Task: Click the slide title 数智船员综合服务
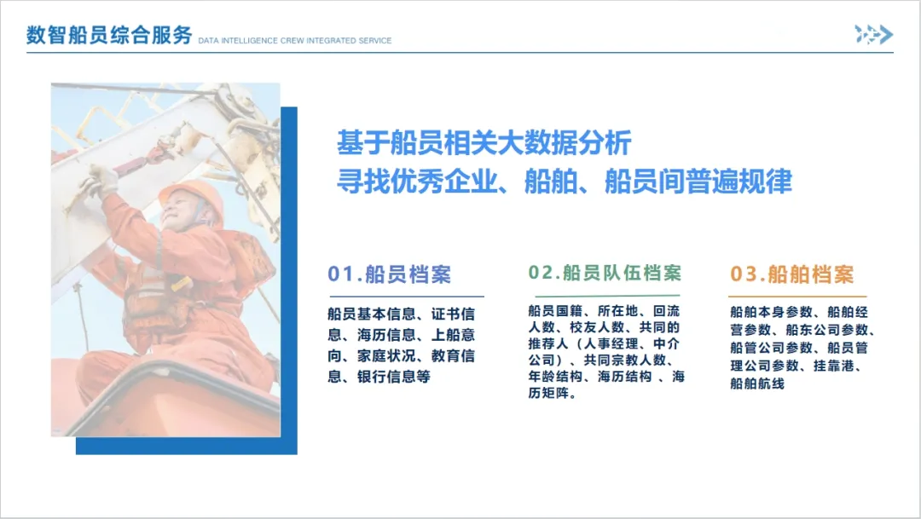[109, 35]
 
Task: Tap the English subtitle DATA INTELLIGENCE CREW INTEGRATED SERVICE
[295, 41]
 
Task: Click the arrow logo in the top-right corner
[873, 35]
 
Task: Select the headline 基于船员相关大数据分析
[484, 142]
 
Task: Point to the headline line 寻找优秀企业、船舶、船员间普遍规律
[565, 181]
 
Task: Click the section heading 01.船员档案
[390, 274]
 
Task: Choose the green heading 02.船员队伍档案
[605, 273]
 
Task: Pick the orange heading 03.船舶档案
[791, 274]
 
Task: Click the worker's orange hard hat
[193, 197]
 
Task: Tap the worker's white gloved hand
[100, 180]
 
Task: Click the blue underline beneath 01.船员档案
[407, 297]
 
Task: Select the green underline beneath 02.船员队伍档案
[607, 296]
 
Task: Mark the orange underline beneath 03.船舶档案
[797, 297]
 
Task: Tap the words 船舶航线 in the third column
[757, 383]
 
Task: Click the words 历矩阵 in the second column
[548, 393]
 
